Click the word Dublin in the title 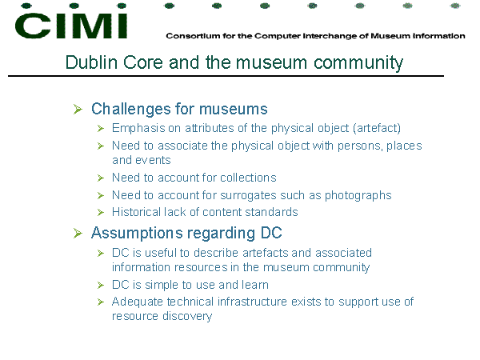[91, 62]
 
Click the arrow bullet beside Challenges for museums [78, 110]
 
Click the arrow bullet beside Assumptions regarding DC [78, 234]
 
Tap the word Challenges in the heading [131, 110]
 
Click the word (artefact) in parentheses [377, 128]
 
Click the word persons [360, 146]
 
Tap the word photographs [358, 196]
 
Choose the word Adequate [138, 302]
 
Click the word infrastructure [253, 302]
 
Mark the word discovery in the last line [187, 317]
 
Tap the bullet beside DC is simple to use [101, 286]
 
